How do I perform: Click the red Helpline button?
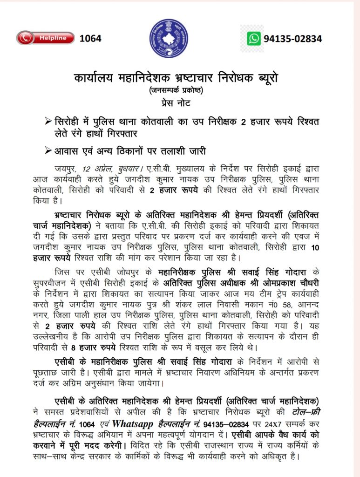coord(45,38)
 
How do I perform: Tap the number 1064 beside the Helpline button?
coord(90,38)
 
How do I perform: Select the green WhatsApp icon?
coord(254,38)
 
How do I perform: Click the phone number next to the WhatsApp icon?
coord(292,39)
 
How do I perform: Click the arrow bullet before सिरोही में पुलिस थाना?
coord(47,122)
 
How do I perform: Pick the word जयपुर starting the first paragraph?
coord(64,168)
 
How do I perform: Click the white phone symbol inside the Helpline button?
coord(25,38)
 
